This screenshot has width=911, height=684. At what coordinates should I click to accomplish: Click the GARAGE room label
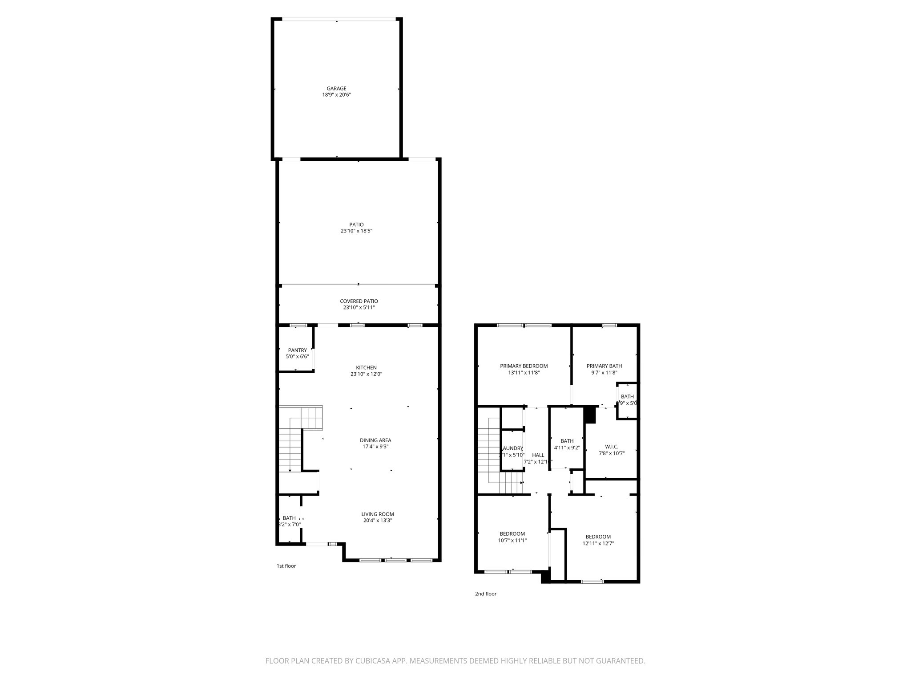(336, 89)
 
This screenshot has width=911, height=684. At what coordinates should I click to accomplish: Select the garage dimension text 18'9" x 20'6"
(336, 95)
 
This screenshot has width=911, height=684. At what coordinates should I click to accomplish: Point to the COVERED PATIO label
(359, 301)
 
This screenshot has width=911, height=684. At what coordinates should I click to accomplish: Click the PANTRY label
(297, 350)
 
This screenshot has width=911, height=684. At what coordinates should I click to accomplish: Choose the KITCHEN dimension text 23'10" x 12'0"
(366, 374)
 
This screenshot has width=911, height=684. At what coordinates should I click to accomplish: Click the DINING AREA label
(375, 440)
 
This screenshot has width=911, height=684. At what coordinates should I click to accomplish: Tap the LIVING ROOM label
(377, 514)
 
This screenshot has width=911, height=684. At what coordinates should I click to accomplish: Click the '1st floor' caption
(286, 566)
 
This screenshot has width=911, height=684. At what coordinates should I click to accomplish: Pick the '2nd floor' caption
(486, 594)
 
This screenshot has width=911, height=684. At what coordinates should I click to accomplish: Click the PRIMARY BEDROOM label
(524, 366)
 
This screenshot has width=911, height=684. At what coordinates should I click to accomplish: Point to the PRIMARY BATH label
(604, 366)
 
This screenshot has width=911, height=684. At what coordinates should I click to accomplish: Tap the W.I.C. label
(612, 447)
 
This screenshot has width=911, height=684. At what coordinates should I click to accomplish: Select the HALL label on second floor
(538, 455)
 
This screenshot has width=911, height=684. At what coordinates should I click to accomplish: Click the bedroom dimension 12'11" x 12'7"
(598, 543)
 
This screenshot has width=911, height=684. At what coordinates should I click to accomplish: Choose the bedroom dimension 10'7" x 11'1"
(512, 540)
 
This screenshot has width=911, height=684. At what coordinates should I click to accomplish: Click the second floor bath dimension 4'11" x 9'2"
(567, 448)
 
